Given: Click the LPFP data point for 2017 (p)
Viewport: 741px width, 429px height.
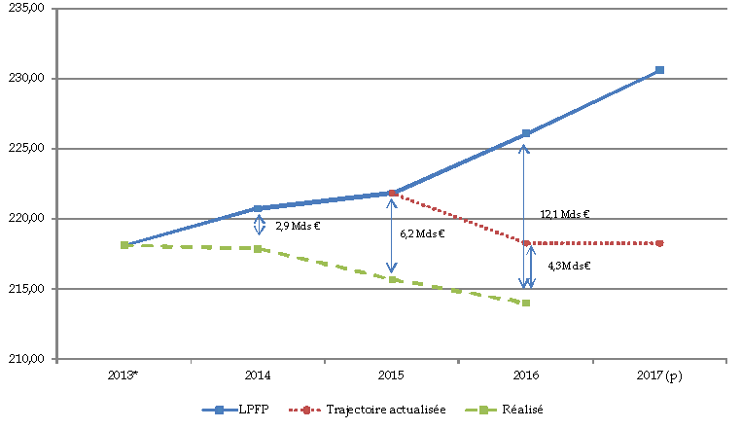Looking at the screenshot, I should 659,70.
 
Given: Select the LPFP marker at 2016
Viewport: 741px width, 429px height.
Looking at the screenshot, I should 526,133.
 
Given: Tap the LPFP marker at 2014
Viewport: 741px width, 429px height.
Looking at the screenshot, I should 258,208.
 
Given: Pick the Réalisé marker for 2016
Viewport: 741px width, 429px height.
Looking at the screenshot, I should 526,303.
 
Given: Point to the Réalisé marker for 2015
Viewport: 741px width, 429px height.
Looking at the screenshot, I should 392,279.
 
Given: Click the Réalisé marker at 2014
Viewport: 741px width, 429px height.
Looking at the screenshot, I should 258,248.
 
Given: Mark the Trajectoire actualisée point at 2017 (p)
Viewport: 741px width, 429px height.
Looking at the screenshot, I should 659,243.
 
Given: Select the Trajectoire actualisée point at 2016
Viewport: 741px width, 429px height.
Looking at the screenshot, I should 526,243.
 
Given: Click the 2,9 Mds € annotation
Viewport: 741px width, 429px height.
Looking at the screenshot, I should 298,226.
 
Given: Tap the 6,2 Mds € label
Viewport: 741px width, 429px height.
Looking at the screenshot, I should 422,233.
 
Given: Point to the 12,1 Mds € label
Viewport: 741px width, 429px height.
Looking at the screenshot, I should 565,214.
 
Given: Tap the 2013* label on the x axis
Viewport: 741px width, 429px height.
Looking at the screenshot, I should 124,376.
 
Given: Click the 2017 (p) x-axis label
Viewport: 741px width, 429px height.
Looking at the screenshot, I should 659,376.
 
